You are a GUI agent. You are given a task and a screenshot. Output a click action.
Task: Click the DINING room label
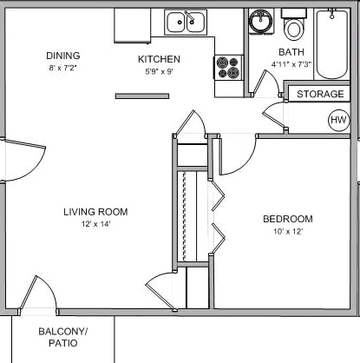pyautogui.click(x=63, y=56)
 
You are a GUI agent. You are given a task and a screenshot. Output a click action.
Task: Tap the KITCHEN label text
pyautogui.click(x=159, y=59)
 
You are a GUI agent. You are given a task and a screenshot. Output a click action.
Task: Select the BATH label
pyautogui.click(x=291, y=52)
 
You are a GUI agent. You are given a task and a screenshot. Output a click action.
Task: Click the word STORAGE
pyautogui.click(x=320, y=94)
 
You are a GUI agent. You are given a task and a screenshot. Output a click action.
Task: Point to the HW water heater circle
pyautogui.click(x=339, y=120)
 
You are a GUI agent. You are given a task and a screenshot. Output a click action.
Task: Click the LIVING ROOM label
pyautogui.click(x=95, y=212)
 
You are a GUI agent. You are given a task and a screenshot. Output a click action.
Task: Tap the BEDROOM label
pyautogui.click(x=288, y=219)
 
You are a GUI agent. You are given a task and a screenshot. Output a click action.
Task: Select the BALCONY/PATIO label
pyautogui.click(x=63, y=337)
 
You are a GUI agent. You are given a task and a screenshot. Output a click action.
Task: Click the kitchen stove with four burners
pyautogui.click(x=228, y=67)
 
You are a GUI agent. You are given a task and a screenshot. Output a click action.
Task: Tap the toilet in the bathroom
pyautogui.click(x=293, y=25)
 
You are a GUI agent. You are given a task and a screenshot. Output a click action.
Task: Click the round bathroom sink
pyautogui.click(x=260, y=20)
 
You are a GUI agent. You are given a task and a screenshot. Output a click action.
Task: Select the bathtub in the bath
pyautogui.click(x=332, y=44)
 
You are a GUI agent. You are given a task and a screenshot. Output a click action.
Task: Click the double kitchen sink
pyautogui.click(x=186, y=22)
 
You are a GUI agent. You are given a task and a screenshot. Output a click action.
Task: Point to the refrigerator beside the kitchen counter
pyautogui.click(x=133, y=26)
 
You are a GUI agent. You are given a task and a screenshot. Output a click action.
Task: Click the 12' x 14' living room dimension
pyautogui.click(x=96, y=224)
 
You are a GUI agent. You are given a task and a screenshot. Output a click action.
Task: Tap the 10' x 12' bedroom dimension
pyautogui.click(x=288, y=232)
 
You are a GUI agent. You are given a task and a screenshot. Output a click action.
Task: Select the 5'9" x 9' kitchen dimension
pyautogui.click(x=159, y=71)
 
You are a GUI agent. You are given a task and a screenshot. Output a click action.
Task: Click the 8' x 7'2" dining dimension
pyautogui.click(x=63, y=69)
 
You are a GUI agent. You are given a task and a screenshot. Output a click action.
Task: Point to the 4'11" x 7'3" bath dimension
pyautogui.click(x=291, y=64)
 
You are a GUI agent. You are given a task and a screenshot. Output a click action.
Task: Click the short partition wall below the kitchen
pyautogui.click(x=142, y=96)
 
